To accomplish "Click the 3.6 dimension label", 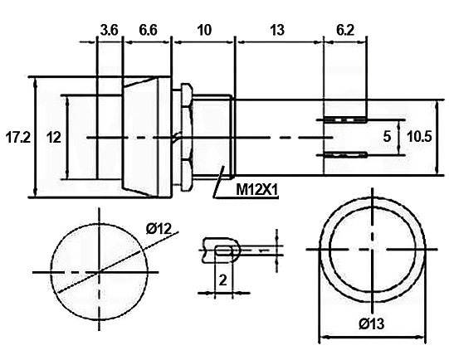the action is pos(109,30).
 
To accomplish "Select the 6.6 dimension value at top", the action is pos(148,30).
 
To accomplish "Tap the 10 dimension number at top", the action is pos(204,30).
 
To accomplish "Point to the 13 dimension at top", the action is pos(277,30).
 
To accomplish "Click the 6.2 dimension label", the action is pos(345,30).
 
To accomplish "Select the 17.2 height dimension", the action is pos(17,138).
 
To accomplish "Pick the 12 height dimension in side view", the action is pos(54,138).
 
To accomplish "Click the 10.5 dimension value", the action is pos(419,137).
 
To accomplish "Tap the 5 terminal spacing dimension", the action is pos(387,137).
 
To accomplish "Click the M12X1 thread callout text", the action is pos(256,189).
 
